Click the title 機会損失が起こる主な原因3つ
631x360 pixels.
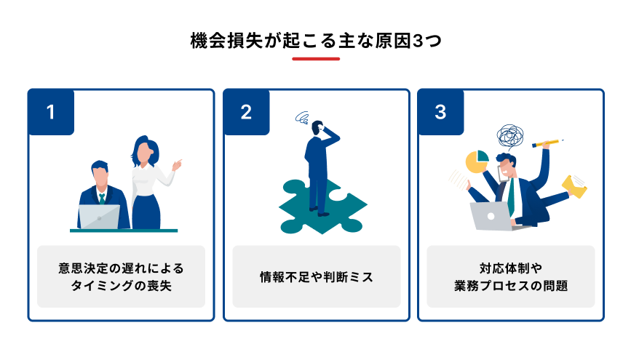pyautogui.click(x=315, y=40)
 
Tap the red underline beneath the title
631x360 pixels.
pyautogui.click(x=315, y=59)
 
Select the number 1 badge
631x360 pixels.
pyautogui.click(x=51, y=112)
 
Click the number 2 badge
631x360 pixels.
pyautogui.click(x=246, y=112)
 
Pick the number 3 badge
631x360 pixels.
pyautogui.click(x=440, y=112)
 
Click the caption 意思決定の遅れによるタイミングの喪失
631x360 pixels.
pyautogui.click(x=121, y=276)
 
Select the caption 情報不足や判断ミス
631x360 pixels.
pyautogui.click(x=316, y=276)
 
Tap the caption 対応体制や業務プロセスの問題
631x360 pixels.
pyautogui.click(x=510, y=276)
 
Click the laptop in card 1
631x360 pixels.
pyautogui.click(x=99, y=217)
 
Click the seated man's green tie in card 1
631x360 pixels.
pyautogui.click(x=103, y=197)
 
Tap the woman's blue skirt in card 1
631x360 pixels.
pyautogui.click(x=146, y=211)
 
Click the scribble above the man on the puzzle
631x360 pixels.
pyautogui.click(x=303, y=118)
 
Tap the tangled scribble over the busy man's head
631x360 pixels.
pyautogui.click(x=510, y=136)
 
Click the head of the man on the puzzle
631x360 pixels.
pyautogui.click(x=317, y=129)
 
